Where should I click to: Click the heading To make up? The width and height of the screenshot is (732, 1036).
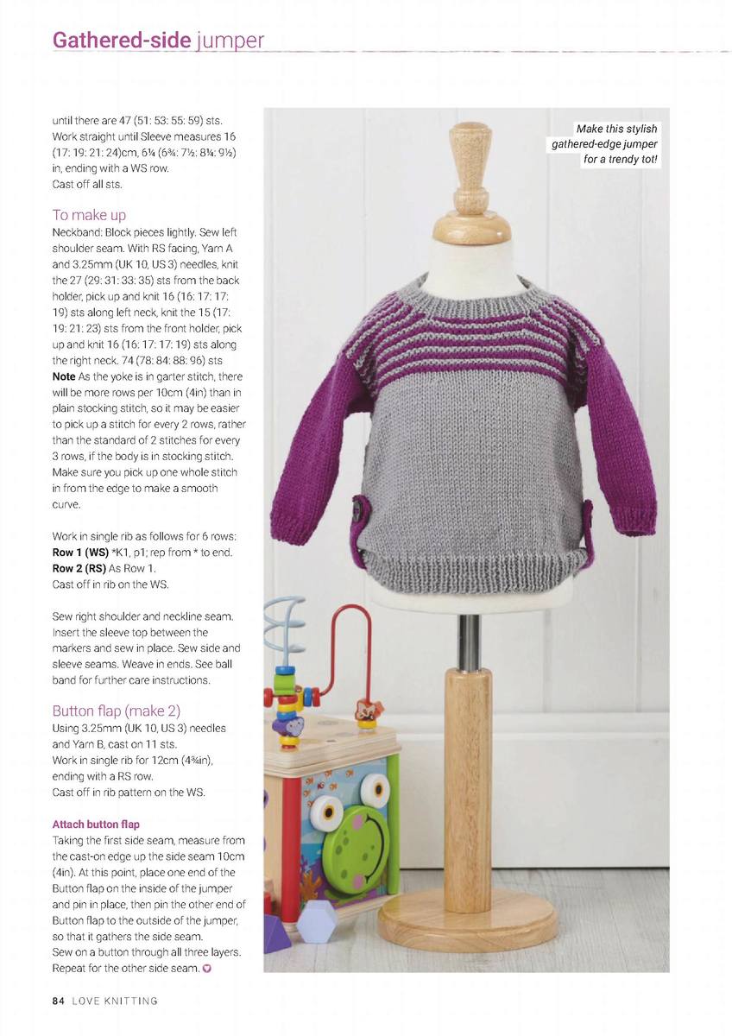[89, 214]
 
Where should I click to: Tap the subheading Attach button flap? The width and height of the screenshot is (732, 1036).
[96, 824]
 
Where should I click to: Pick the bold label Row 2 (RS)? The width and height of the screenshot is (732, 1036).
[80, 568]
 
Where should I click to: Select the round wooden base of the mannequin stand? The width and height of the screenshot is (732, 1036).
[467, 919]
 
